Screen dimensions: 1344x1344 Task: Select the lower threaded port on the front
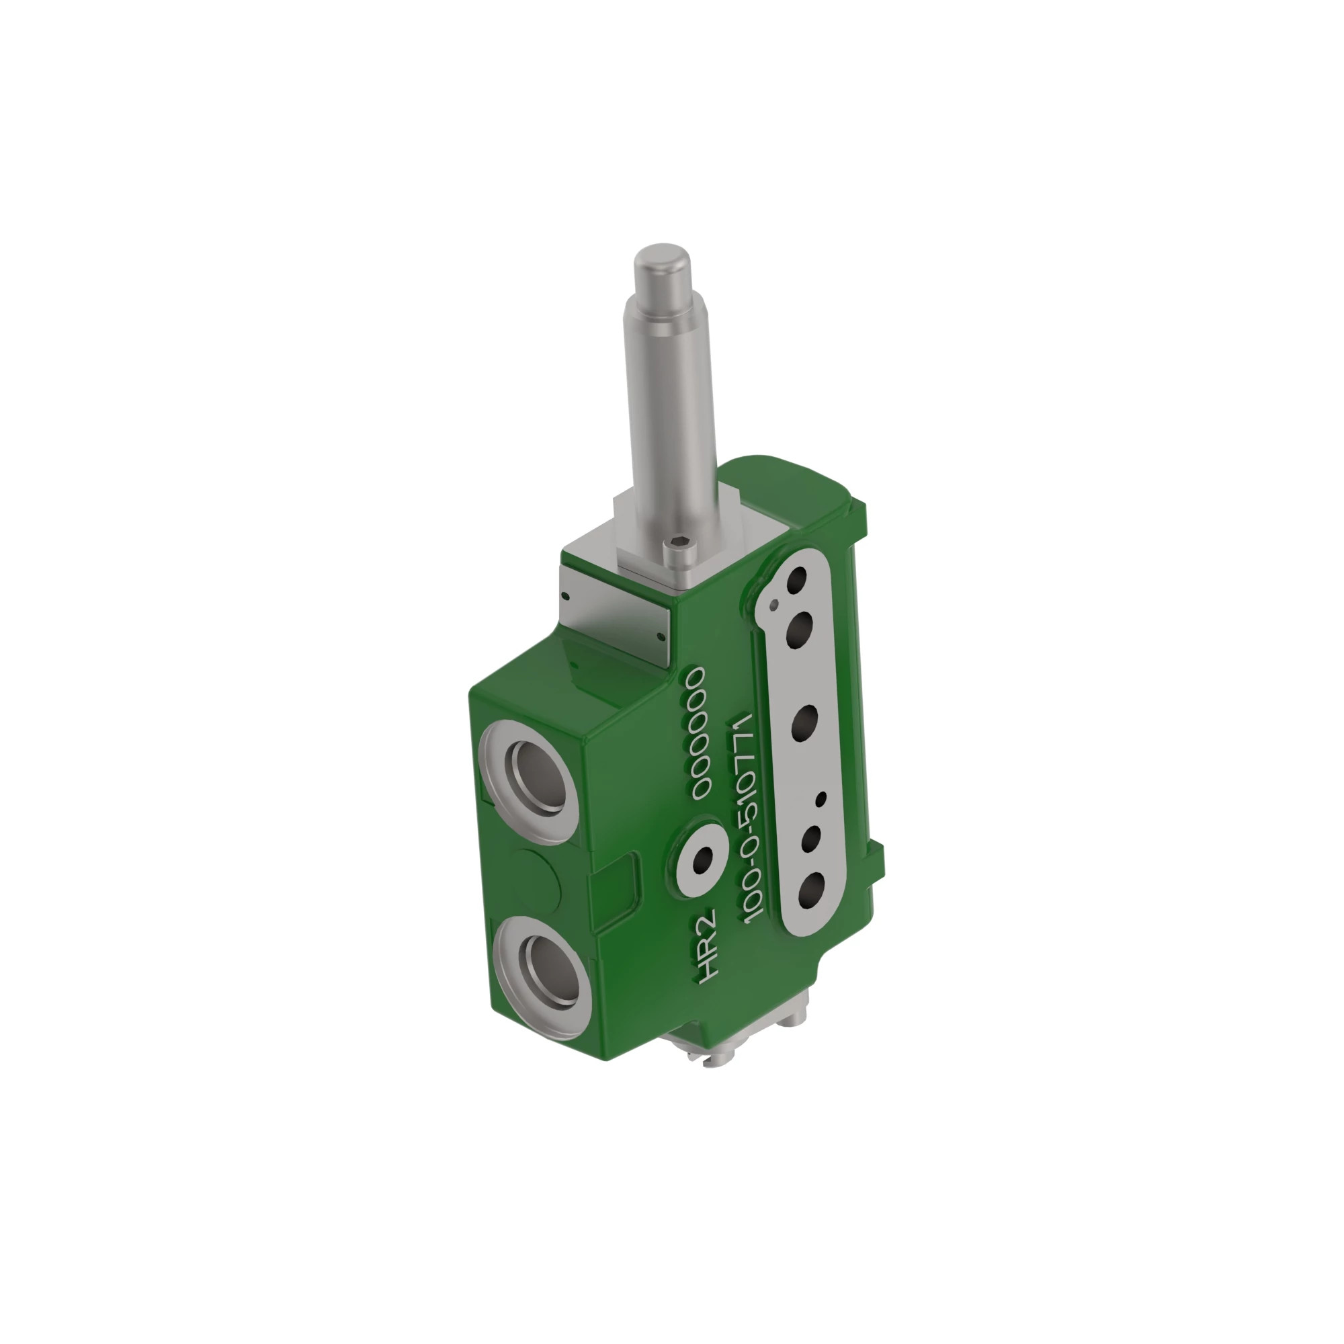coord(550,972)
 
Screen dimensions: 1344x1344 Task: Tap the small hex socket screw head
coord(679,548)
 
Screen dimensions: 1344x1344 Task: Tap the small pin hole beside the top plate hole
coord(774,604)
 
